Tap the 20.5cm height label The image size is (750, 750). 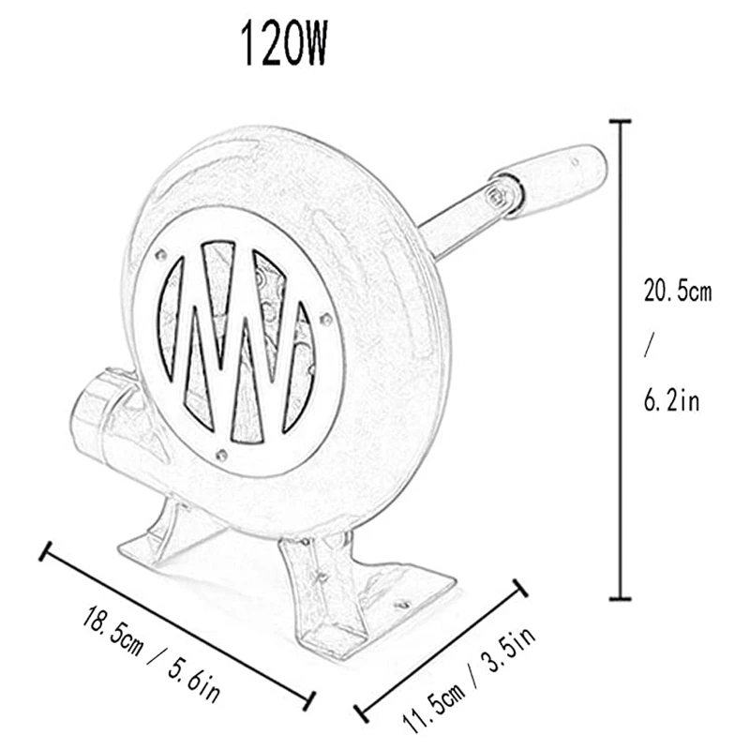(677, 292)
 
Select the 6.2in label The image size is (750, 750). (671, 400)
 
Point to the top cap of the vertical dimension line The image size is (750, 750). (617, 121)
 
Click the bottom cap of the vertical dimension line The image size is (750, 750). (617, 598)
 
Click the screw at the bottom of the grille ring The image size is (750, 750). (220, 457)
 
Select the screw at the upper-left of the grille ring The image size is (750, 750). (161, 254)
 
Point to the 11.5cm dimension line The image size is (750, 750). (436, 647)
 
